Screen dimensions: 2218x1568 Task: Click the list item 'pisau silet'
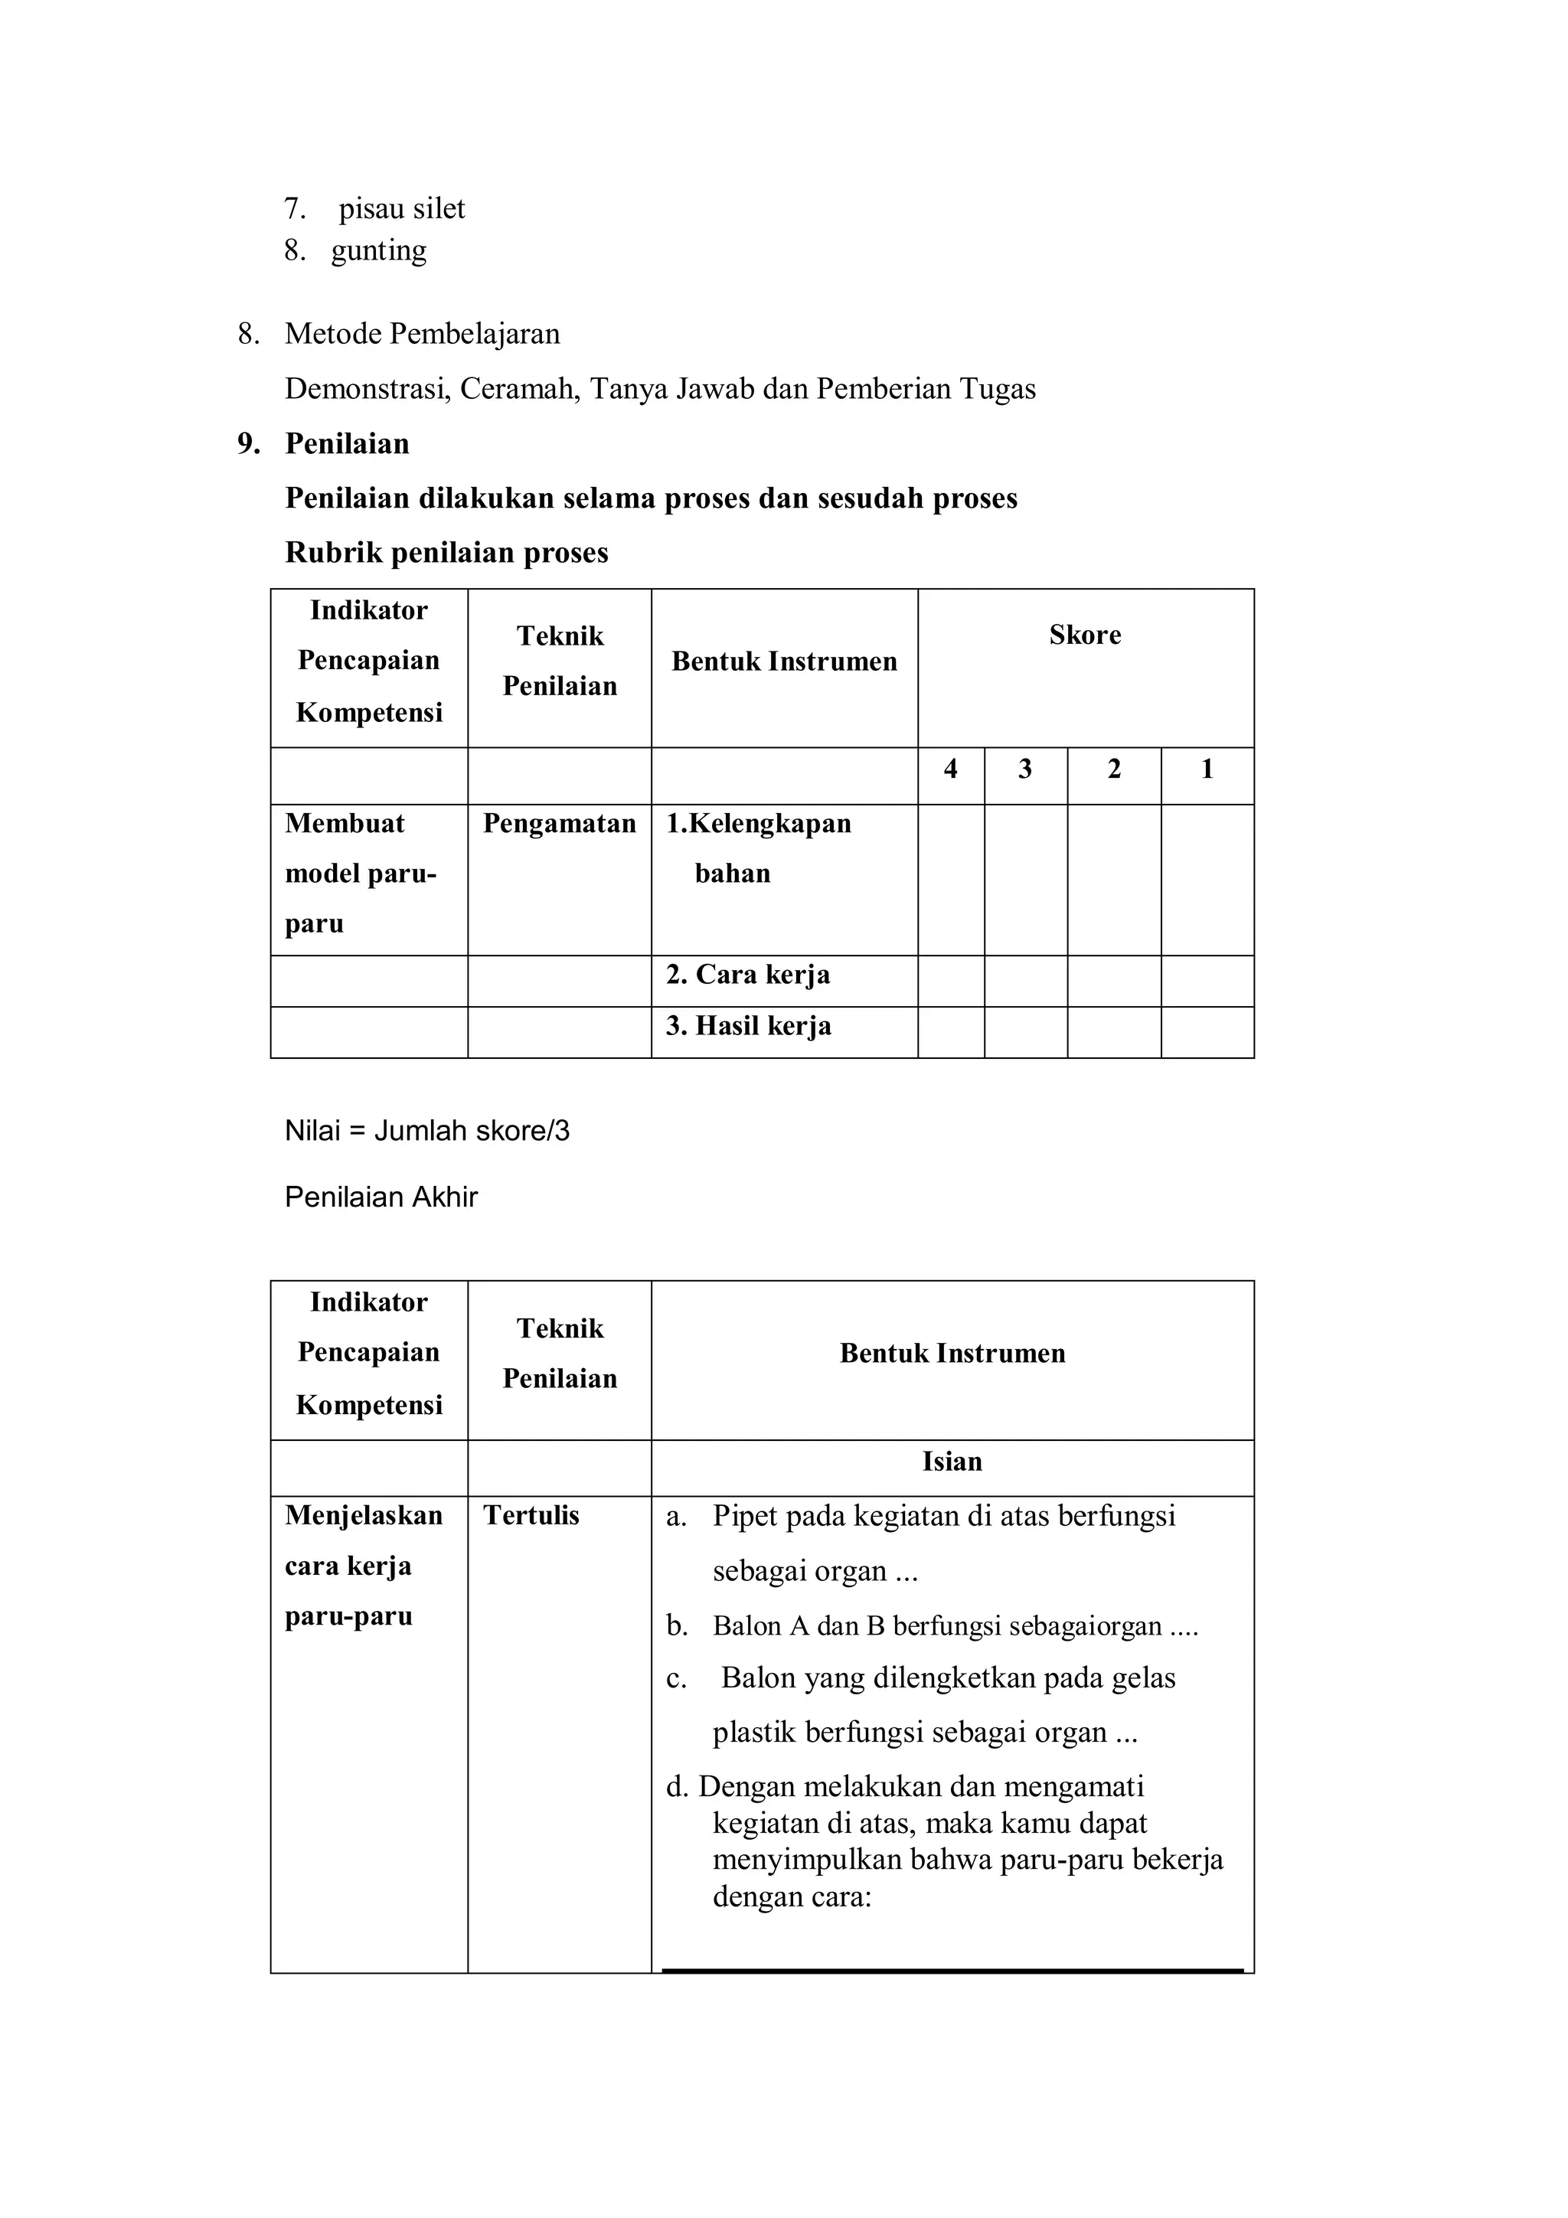[x=401, y=209]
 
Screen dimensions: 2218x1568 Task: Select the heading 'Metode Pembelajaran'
[x=422, y=335]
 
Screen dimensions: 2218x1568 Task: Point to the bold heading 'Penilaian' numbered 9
[x=347, y=444]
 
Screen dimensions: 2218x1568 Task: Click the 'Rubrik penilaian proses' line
[x=446, y=553]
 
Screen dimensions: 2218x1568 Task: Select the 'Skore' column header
[x=1085, y=635]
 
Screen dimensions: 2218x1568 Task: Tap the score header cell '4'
[x=951, y=770]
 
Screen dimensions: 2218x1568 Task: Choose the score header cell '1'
[x=1207, y=770]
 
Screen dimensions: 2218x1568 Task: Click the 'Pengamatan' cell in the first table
[x=560, y=824]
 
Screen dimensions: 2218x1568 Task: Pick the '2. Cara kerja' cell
[x=748, y=975]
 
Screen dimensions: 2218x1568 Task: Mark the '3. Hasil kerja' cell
[x=748, y=1026]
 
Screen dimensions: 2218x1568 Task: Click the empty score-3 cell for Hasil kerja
[x=1025, y=1033]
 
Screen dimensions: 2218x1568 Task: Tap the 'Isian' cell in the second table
[x=952, y=1462]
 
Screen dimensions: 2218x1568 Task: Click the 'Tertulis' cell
[x=531, y=1516]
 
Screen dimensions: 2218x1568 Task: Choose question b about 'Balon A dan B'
[x=931, y=1627]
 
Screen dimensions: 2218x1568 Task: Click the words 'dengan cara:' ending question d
[x=792, y=1897]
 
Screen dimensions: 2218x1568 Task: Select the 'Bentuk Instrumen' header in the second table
[x=952, y=1354]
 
